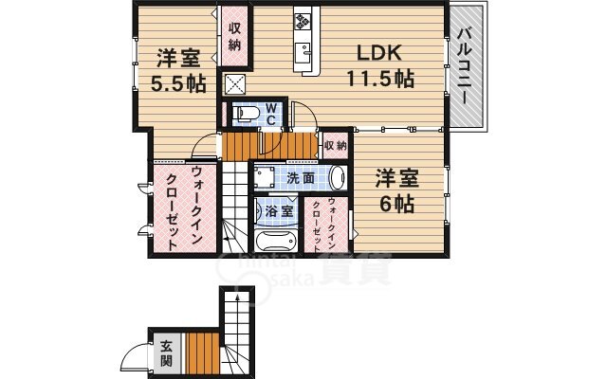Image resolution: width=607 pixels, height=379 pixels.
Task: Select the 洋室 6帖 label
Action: point(396,189)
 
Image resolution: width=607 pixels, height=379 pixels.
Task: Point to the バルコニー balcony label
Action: point(466,66)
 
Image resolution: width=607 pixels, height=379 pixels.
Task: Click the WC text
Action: point(270,114)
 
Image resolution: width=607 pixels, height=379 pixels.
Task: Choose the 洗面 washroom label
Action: point(301,177)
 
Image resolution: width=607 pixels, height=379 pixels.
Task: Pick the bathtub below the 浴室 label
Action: point(281,239)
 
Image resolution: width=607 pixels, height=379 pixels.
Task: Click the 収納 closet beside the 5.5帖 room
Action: point(233,37)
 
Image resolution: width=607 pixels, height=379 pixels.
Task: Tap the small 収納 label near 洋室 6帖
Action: point(334,145)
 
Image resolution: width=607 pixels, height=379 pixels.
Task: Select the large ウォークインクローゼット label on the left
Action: point(183,208)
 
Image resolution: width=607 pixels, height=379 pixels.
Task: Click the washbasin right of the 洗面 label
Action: point(339,177)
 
